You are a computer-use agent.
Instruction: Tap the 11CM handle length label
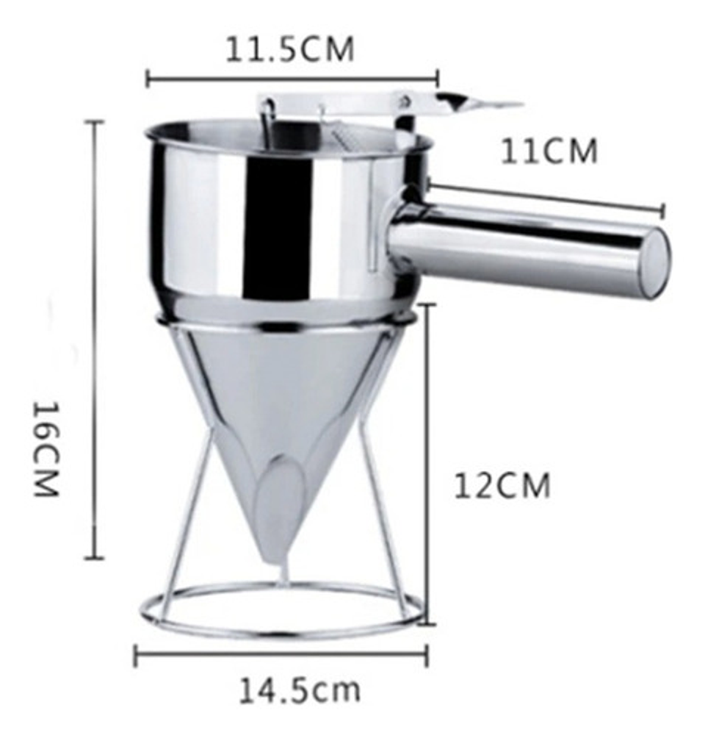pyautogui.click(x=549, y=152)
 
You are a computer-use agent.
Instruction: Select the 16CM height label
pyautogui.click(x=46, y=449)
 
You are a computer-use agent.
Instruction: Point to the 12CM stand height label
pyautogui.click(x=502, y=486)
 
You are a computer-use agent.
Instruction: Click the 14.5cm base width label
pyautogui.click(x=300, y=691)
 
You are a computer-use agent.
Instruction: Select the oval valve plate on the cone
pyautogui.click(x=279, y=492)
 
